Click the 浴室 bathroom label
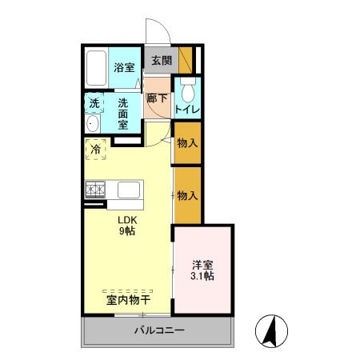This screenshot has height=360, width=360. pyautogui.click(x=123, y=69)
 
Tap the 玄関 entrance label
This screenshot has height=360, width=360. pyautogui.click(x=161, y=60)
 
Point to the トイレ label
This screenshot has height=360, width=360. pyautogui.click(x=187, y=109)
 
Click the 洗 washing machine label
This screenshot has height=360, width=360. pyautogui.click(x=94, y=102)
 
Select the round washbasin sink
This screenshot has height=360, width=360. pyautogui.click(x=93, y=124)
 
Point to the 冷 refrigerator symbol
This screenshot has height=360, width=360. pyautogui.click(x=95, y=149)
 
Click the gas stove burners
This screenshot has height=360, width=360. pyautogui.click(x=96, y=190)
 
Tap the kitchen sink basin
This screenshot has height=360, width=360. pyautogui.click(x=129, y=190)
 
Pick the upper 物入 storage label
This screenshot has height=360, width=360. pyautogui.click(x=187, y=145)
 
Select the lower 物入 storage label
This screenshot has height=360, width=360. pyautogui.click(x=187, y=195)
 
